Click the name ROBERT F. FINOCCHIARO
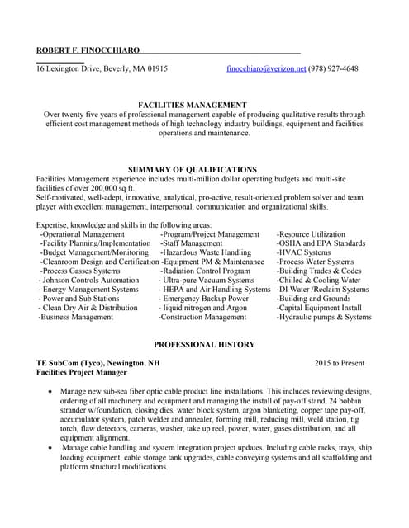point(88,50)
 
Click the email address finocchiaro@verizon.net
point(266,68)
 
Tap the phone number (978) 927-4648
point(334,68)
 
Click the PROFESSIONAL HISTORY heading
point(204,344)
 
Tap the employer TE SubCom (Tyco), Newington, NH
point(98,362)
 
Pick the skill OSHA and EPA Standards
point(322,243)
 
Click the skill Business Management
point(76,316)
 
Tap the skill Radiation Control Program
point(207,271)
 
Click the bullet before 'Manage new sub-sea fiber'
point(54,392)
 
